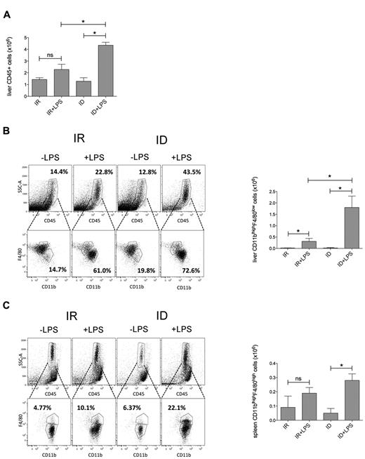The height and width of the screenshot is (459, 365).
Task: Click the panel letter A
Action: pyautogui.click(x=6, y=7)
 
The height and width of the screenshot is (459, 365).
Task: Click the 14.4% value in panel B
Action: pyautogui.click(x=56, y=152)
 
